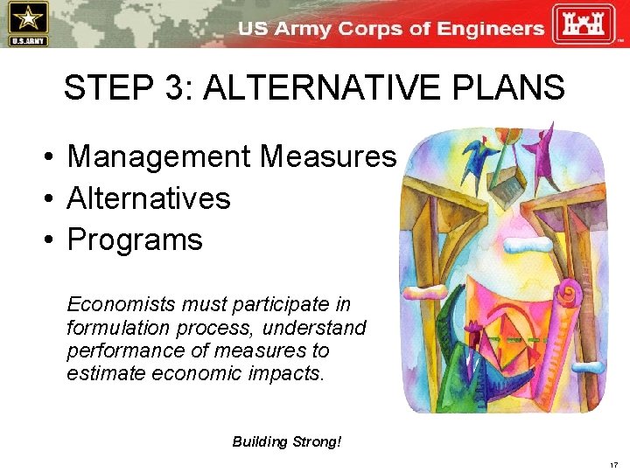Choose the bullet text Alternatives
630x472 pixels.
click(148, 198)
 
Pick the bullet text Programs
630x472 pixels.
click(134, 239)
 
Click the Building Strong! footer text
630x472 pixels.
click(286, 441)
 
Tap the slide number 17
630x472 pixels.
click(612, 464)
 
